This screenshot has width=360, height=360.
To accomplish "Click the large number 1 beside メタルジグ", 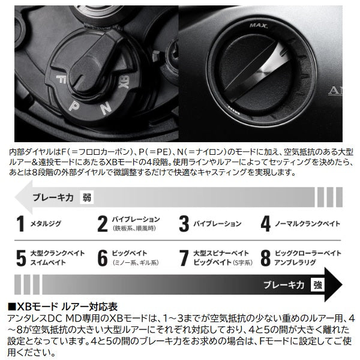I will point(20,224).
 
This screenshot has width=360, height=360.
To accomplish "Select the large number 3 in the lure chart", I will point(184,224).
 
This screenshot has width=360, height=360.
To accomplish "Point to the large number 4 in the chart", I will point(266,224).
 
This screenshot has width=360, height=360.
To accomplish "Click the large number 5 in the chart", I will point(20,257).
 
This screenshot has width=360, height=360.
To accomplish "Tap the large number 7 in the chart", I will point(184,257).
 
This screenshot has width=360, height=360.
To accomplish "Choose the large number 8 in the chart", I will point(266,257).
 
